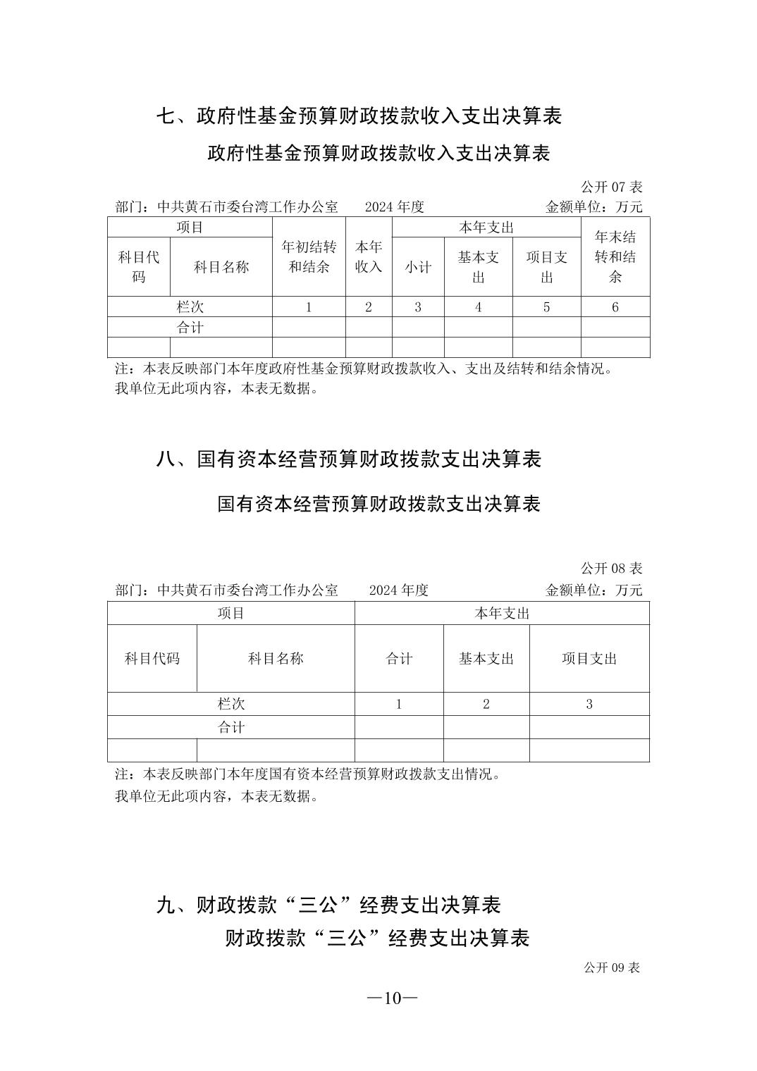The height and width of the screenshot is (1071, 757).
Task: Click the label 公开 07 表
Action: coord(611,187)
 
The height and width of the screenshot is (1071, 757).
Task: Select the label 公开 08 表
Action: coord(611,569)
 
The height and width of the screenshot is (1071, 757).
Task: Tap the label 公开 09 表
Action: coord(611,967)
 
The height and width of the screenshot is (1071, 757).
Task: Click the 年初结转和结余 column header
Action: coord(309,256)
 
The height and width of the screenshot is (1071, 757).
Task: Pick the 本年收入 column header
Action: coord(368,256)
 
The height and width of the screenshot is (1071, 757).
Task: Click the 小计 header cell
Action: coord(417,267)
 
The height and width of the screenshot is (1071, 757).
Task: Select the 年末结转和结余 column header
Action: coord(615,256)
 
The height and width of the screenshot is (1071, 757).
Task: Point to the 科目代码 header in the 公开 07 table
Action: coord(139,267)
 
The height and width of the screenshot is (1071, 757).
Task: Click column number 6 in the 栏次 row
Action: coord(615,307)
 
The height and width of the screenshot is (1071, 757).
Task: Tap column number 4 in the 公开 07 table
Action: coord(478,307)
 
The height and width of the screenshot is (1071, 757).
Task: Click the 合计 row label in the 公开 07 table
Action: coord(190,328)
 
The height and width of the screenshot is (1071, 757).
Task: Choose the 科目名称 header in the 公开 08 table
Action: coord(275,659)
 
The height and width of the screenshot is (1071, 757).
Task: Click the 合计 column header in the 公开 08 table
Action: coord(399,659)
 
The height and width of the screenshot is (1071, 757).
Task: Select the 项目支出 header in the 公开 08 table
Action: coord(589,659)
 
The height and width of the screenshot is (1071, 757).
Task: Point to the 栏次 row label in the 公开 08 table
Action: coord(230,704)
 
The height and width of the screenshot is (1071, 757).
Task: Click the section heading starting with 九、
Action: coord(328,905)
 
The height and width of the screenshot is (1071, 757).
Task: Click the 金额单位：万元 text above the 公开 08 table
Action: coord(593,590)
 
